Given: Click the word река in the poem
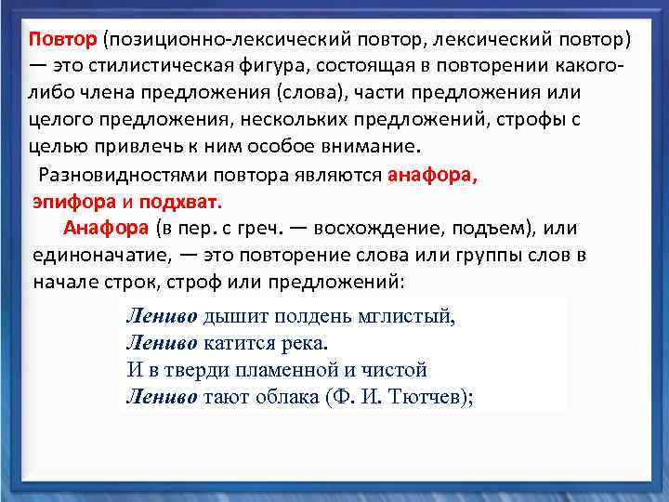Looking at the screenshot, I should [x=303, y=342].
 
